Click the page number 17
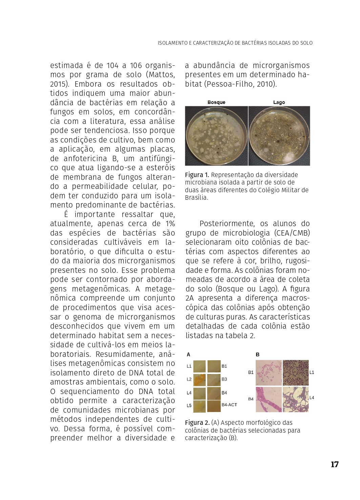335,464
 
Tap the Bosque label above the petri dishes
216,102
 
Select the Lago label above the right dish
279,102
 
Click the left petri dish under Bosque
216,135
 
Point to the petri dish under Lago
279,135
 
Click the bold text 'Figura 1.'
197,175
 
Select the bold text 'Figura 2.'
197,423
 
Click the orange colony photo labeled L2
199,380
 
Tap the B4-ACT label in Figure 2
229,405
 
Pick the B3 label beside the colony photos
224,379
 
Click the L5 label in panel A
189,406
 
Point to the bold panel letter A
189,354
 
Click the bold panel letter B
258,354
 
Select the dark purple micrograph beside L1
295,373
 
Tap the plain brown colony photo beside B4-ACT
214,406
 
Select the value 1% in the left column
170,224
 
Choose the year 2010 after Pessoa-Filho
266,84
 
